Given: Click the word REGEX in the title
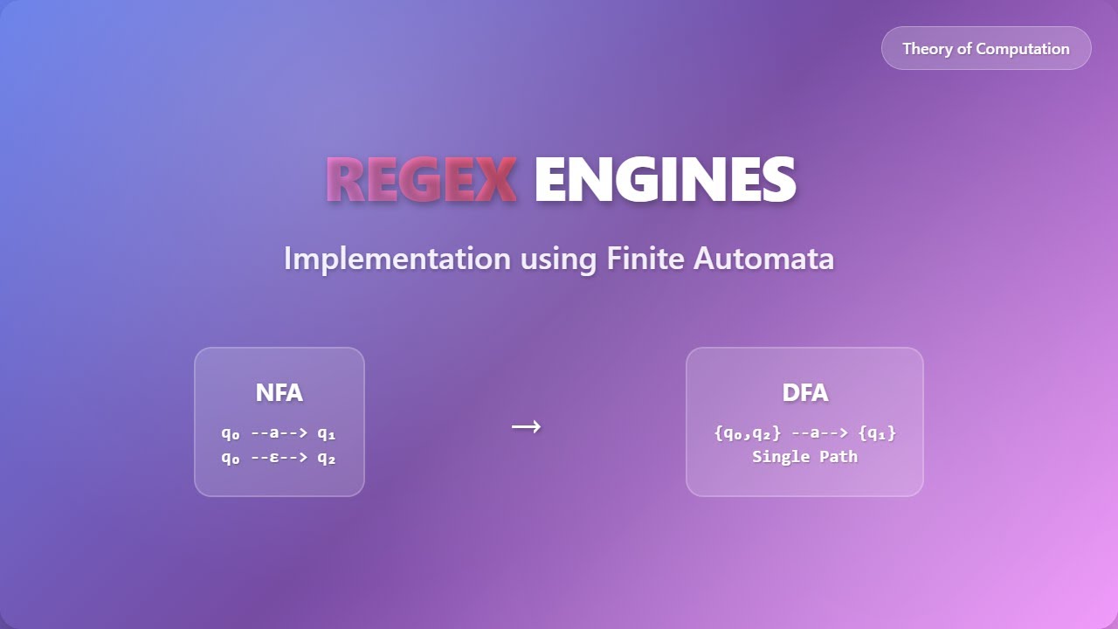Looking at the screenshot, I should point(421,179).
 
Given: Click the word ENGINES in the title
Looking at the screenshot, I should point(665,179).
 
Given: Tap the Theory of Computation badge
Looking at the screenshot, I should point(986,48).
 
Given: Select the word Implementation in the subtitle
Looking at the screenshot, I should point(397,259).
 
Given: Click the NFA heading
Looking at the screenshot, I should point(279,393).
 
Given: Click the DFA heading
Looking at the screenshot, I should point(804,393).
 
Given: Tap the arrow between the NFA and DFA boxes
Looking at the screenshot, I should point(526,426).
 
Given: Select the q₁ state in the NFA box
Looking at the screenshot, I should point(326,432).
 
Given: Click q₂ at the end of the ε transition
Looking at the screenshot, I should point(326,457).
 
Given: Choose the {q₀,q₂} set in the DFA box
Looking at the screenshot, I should point(747,432).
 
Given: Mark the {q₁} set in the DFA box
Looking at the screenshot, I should point(877,432).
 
